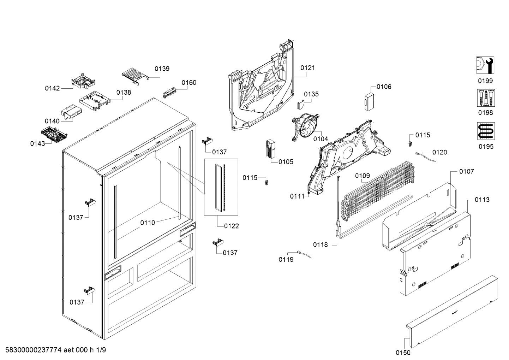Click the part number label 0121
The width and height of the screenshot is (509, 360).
point(307,68)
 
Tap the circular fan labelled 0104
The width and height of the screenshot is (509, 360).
point(306,127)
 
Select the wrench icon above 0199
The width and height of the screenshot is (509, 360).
point(485,65)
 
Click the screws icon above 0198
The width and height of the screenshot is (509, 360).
point(486,98)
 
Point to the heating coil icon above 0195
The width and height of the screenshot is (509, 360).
point(486,131)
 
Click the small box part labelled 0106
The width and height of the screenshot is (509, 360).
point(369,101)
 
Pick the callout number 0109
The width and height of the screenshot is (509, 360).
point(363,176)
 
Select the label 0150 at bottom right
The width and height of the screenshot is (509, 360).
point(403,353)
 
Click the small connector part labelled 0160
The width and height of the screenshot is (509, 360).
point(169,92)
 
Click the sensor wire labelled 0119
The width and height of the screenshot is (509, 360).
point(304,254)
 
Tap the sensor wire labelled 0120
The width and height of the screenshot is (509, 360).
point(425,157)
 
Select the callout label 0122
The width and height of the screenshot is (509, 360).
point(231,226)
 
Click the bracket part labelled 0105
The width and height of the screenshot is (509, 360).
point(270,149)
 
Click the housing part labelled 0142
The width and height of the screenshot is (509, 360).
point(83,81)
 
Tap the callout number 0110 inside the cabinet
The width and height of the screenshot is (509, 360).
point(148,223)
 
